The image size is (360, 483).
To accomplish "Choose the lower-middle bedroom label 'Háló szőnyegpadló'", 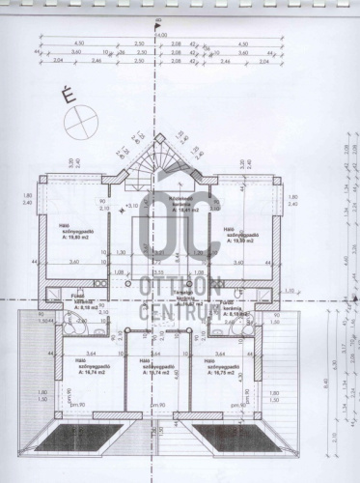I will click(x=155, y=368).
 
